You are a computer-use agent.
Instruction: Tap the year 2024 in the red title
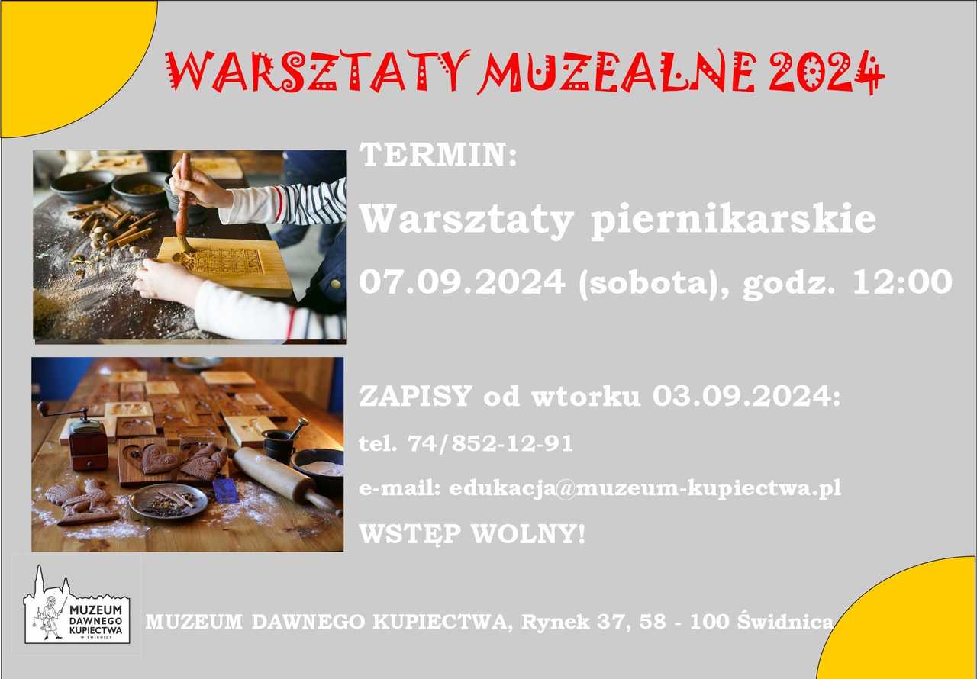point(827,72)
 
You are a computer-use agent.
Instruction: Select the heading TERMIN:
point(438,155)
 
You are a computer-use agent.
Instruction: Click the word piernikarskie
point(734,220)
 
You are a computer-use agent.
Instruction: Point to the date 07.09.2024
point(463,282)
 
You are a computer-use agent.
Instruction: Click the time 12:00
point(902,282)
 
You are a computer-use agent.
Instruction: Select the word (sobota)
point(648,283)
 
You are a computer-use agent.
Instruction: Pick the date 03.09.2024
point(746,396)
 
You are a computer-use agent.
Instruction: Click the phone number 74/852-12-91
point(491,444)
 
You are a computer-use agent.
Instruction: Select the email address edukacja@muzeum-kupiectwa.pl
point(645,488)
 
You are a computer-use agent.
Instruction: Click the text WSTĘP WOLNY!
point(472,534)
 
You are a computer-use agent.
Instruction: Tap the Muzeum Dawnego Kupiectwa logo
point(77,604)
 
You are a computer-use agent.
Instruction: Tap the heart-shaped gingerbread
point(159,458)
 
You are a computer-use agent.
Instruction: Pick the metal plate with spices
point(169,502)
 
